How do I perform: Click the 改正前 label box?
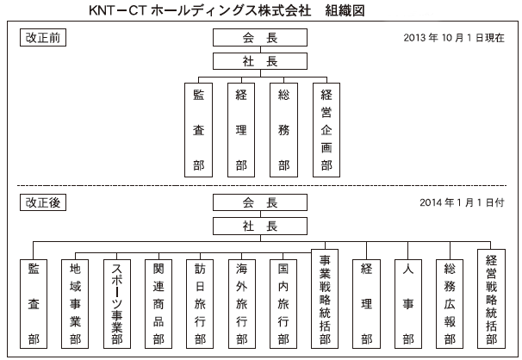click(x=43, y=38)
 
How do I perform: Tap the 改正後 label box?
click(x=43, y=202)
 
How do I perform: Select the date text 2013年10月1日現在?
click(x=454, y=38)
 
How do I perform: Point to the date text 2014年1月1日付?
click(x=462, y=202)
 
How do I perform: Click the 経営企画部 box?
click(x=326, y=130)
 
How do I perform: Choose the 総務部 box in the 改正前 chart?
click(x=283, y=130)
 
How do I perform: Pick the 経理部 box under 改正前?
click(x=241, y=130)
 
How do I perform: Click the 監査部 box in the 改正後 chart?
click(x=34, y=304)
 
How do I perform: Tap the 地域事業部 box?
click(x=75, y=304)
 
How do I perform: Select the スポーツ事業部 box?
click(x=117, y=304)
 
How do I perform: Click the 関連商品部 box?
click(x=158, y=304)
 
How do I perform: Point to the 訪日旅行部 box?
click(x=200, y=304)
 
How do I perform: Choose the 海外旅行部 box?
click(x=242, y=304)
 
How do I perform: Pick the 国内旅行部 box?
click(x=283, y=304)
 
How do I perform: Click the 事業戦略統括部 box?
click(x=325, y=299)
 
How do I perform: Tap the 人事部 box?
click(x=408, y=304)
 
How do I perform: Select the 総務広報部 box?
click(x=450, y=304)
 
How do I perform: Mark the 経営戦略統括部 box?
click(x=491, y=299)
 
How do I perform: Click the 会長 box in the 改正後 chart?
click(x=260, y=202)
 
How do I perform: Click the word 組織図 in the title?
click(x=345, y=10)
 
